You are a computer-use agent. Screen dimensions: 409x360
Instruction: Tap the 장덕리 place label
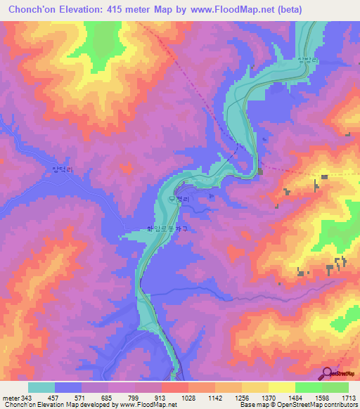(63, 169)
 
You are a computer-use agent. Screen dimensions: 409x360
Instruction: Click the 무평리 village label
(179, 200)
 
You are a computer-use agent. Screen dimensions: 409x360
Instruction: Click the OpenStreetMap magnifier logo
(328, 372)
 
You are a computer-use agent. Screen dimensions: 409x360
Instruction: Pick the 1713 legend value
(348, 396)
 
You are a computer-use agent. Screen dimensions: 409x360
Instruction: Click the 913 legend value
(161, 396)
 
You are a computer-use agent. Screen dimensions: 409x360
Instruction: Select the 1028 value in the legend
(188, 396)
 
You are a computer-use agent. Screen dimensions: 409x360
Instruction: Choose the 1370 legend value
(269, 396)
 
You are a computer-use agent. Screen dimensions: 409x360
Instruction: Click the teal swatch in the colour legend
(41, 387)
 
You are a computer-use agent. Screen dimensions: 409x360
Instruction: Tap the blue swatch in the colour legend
(68, 387)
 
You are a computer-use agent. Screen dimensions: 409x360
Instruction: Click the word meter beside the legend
(10, 396)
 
